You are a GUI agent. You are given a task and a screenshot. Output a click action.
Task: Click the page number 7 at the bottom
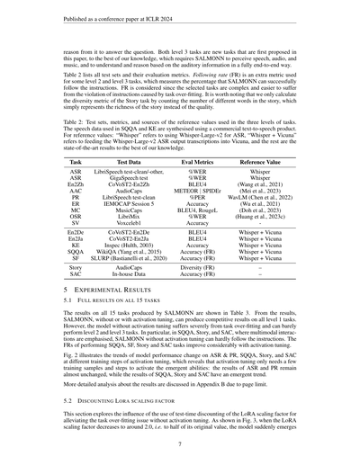[x=180, y=443]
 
